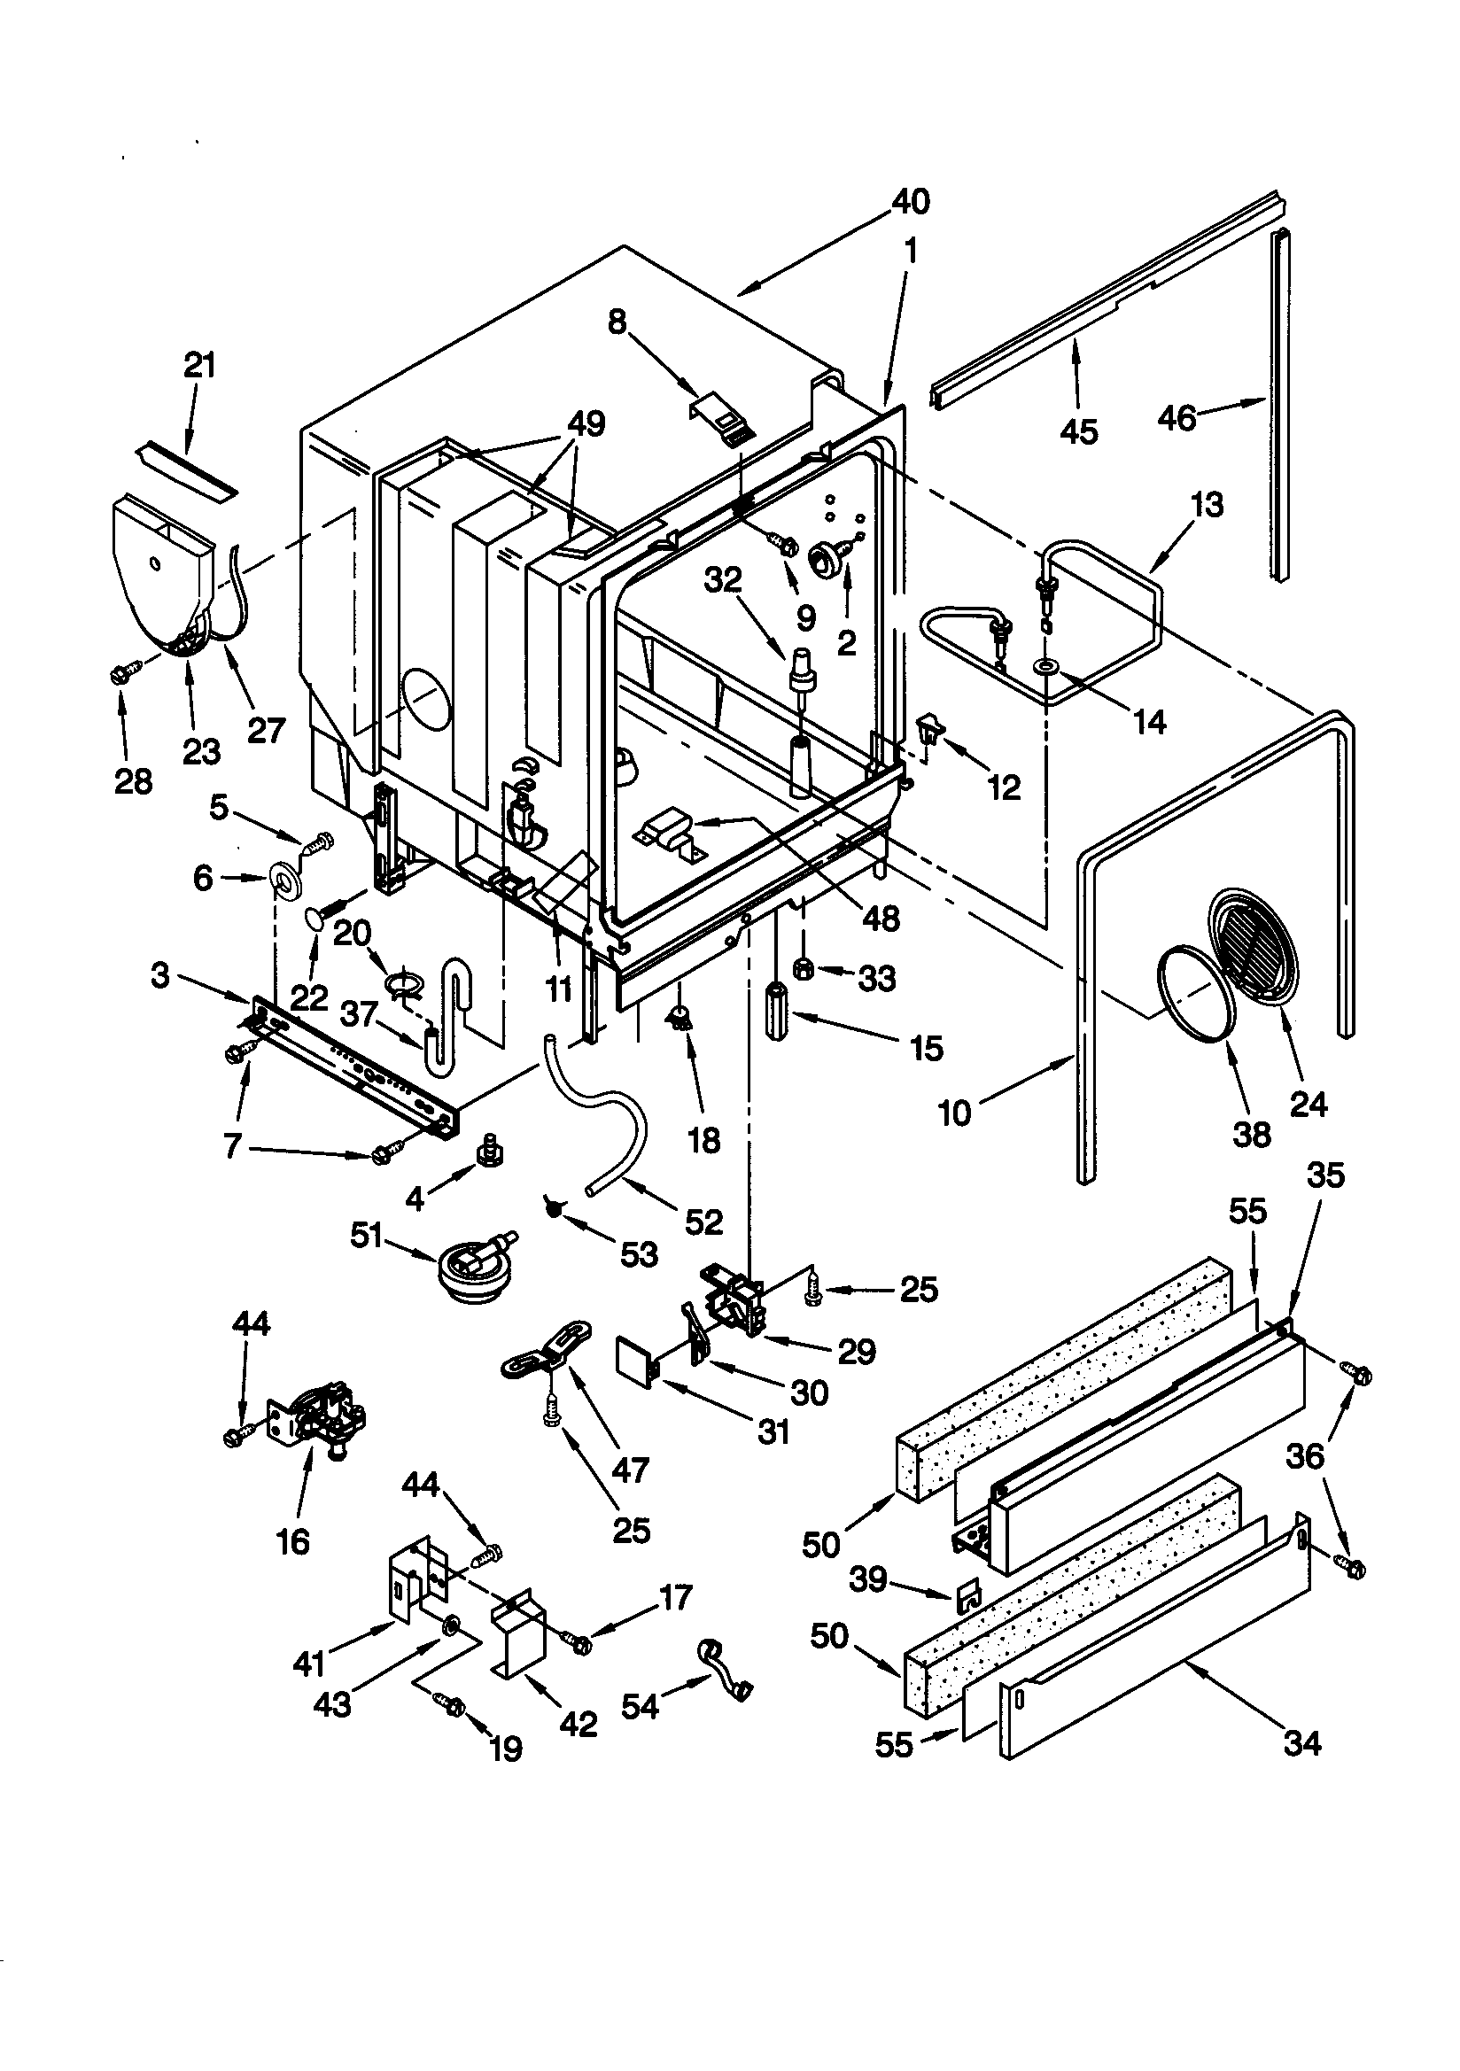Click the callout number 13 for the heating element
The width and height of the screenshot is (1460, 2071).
coord(1208,504)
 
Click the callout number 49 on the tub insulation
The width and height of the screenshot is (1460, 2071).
coord(586,424)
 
